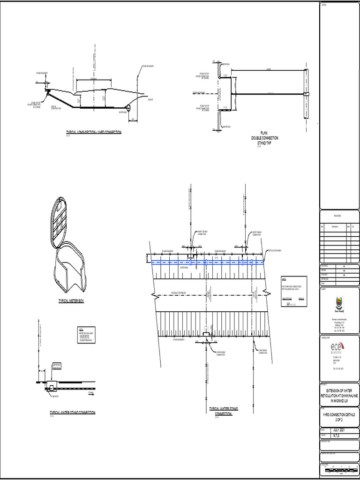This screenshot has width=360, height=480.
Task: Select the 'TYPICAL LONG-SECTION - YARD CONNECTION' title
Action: (x=94, y=132)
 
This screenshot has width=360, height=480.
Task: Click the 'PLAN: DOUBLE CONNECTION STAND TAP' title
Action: (x=265, y=138)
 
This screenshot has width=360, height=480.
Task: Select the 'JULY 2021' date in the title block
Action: (x=341, y=430)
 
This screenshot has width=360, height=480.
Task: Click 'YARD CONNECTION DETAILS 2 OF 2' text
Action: (x=339, y=417)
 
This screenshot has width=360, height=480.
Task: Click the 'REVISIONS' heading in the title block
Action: (x=338, y=216)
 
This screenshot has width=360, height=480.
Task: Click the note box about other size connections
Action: (x=293, y=292)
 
